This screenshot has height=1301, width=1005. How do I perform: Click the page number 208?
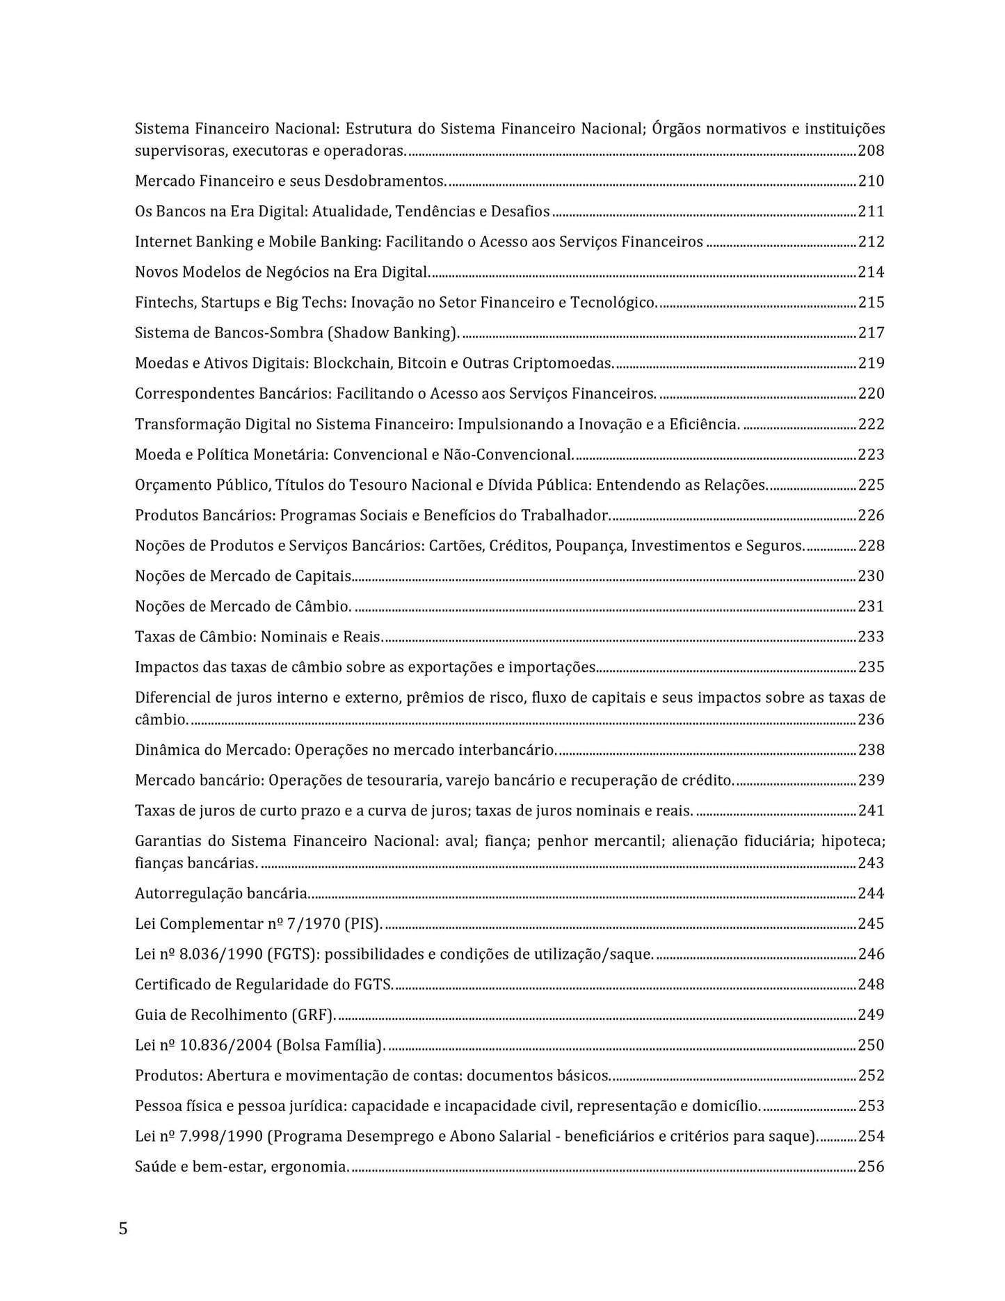click(x=871, y=151)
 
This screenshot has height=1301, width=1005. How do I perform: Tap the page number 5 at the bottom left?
click(x=123, y=1229)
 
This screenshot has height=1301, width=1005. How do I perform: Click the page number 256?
click(x=871, y=1167)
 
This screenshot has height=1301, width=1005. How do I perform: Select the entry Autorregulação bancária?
click(x=222, y=893)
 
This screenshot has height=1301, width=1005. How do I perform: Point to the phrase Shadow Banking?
click(x=393, y=333)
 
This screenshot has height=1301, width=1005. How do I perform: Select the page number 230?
click(x=871, y=576)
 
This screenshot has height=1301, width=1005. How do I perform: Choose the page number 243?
click(x=871, y=863)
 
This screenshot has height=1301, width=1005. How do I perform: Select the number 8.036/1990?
click(x=220, y=955)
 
